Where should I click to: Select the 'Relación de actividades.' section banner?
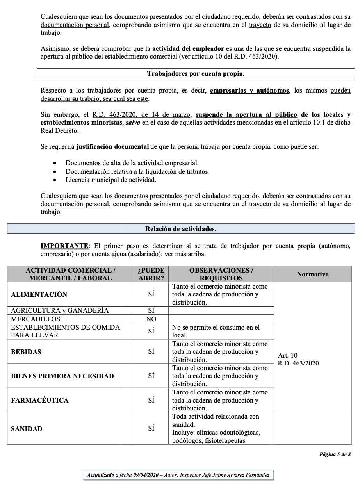181,229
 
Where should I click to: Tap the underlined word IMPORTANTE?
64,246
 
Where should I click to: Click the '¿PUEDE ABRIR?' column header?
151,274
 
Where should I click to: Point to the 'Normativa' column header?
313,274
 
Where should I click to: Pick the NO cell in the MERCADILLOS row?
151,319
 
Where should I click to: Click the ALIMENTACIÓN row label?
39,294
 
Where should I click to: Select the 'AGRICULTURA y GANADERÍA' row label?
60,311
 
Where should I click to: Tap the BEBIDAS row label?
26,352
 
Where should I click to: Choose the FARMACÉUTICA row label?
39,400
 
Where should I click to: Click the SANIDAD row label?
27,429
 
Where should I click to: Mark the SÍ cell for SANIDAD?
151,429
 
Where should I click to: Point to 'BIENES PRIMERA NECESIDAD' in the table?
62,376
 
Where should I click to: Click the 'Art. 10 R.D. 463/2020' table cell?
298,360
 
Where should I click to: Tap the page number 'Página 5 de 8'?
335,454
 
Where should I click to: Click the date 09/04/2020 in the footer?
146,475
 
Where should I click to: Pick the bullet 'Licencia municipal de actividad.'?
110,180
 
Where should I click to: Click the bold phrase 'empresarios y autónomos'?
250,91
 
